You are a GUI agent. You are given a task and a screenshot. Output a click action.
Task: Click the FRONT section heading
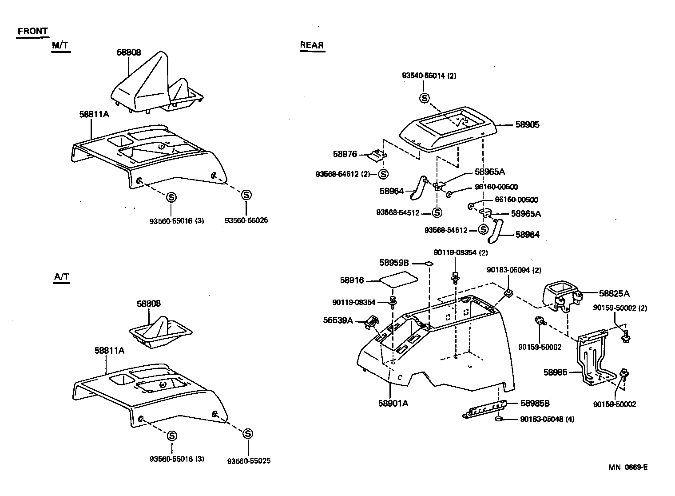32,32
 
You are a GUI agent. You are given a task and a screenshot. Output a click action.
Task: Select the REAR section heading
312,45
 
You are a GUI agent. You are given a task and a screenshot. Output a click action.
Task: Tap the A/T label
62,277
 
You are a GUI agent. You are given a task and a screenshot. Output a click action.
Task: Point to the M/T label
60,45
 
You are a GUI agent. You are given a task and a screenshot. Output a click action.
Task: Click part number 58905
527,125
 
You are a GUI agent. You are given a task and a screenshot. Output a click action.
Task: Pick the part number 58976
345,154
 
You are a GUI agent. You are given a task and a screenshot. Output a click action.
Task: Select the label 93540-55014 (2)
429,76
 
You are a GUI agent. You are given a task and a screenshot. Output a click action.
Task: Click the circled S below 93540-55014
425,98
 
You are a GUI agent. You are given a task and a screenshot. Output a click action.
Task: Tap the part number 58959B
393,263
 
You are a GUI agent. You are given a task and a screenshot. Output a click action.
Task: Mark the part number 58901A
393,403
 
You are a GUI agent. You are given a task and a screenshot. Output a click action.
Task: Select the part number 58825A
614,293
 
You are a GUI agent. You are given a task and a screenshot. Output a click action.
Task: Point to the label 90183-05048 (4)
547,419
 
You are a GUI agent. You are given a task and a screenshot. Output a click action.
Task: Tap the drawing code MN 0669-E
628,467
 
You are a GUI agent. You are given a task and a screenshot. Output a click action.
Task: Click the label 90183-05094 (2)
514,270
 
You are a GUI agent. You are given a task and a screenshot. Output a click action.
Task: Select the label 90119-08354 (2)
461,252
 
